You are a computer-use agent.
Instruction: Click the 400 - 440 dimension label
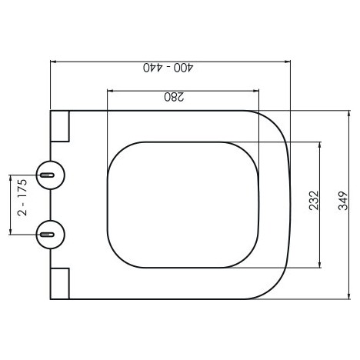[x=168, y=68]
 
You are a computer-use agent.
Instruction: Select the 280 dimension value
[x=174, y=97]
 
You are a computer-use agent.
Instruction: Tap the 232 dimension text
[x=314, y=201]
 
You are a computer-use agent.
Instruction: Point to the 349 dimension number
[x=343, y=201]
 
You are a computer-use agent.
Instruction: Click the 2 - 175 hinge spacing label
[x=22, y=198]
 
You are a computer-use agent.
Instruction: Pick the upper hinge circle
[x=51, y=175]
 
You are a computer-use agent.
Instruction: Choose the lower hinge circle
[x=51, y=235]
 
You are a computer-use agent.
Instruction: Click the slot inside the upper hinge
[x=47, y=175]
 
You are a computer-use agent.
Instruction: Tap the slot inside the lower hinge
[x=47, y=235]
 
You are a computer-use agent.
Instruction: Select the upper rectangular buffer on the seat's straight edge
[x=60, y=126]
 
